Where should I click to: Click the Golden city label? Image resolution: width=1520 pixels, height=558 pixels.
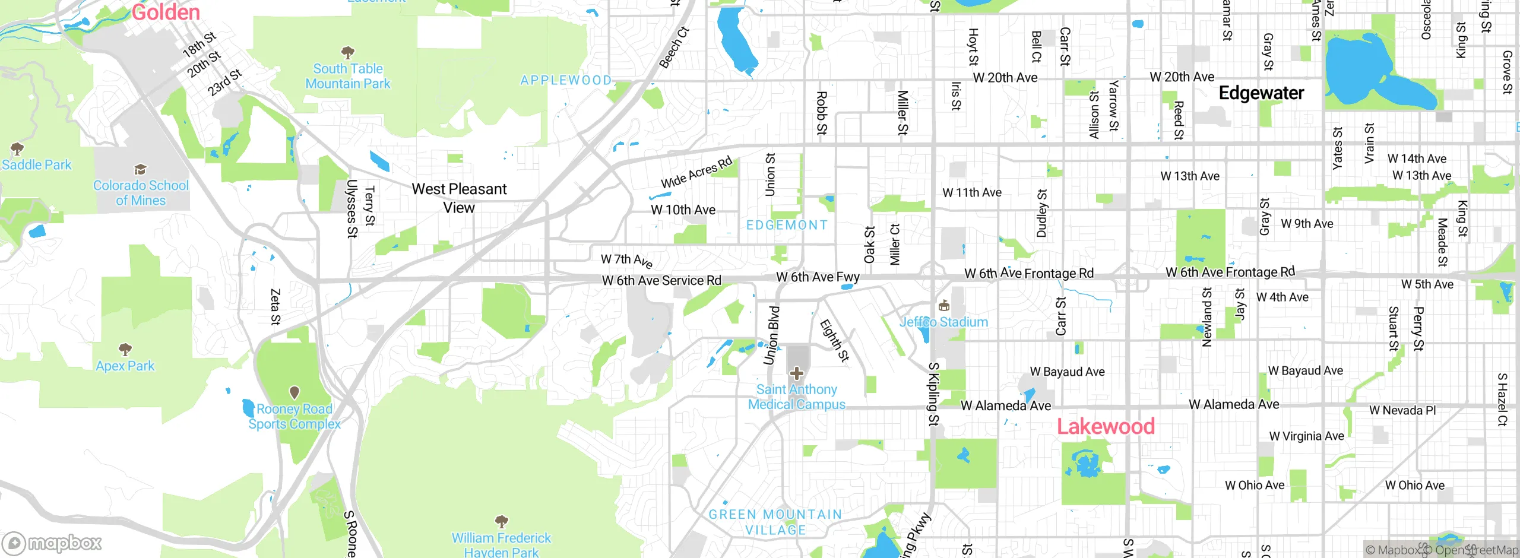(x=166, y=12)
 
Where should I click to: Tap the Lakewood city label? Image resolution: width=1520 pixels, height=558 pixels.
(x=1106, y=426)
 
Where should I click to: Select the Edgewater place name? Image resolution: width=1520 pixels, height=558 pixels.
(x=1261, y=93)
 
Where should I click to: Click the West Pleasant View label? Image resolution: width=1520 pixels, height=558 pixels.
(x=459, y=198)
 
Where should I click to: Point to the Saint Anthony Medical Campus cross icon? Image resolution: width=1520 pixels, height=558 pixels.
(x=797, y=373)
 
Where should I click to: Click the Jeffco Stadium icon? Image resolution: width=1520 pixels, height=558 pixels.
(x=943, y=306)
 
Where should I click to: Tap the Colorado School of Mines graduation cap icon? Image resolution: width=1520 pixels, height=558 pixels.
(x=140, y=170)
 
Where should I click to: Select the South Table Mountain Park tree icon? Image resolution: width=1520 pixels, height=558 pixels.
(x=348, y=53)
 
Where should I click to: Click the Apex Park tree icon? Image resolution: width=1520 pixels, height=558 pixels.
(x=125, y=349)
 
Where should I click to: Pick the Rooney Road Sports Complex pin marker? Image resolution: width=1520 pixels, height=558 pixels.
(x=294, y=392)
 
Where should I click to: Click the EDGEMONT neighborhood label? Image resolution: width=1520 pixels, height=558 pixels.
(x=787, y=225)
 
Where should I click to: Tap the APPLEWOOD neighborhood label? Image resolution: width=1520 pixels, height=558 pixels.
(x=565, y=80)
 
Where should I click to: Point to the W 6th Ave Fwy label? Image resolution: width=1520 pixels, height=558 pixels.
(x=818, y=277)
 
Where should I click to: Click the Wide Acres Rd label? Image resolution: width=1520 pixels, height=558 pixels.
(x=696, y=172)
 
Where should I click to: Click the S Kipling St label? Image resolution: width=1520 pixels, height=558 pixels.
(x=933, y=394)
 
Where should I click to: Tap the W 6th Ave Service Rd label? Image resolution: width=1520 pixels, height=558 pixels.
(x=661, y=280)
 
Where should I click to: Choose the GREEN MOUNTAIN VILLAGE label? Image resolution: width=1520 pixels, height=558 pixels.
(x=775, y=522)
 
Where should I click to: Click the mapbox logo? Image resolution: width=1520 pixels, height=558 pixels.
(x=52, y=543)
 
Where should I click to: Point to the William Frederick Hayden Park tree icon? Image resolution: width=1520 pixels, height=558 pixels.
(x=501, y=522)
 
